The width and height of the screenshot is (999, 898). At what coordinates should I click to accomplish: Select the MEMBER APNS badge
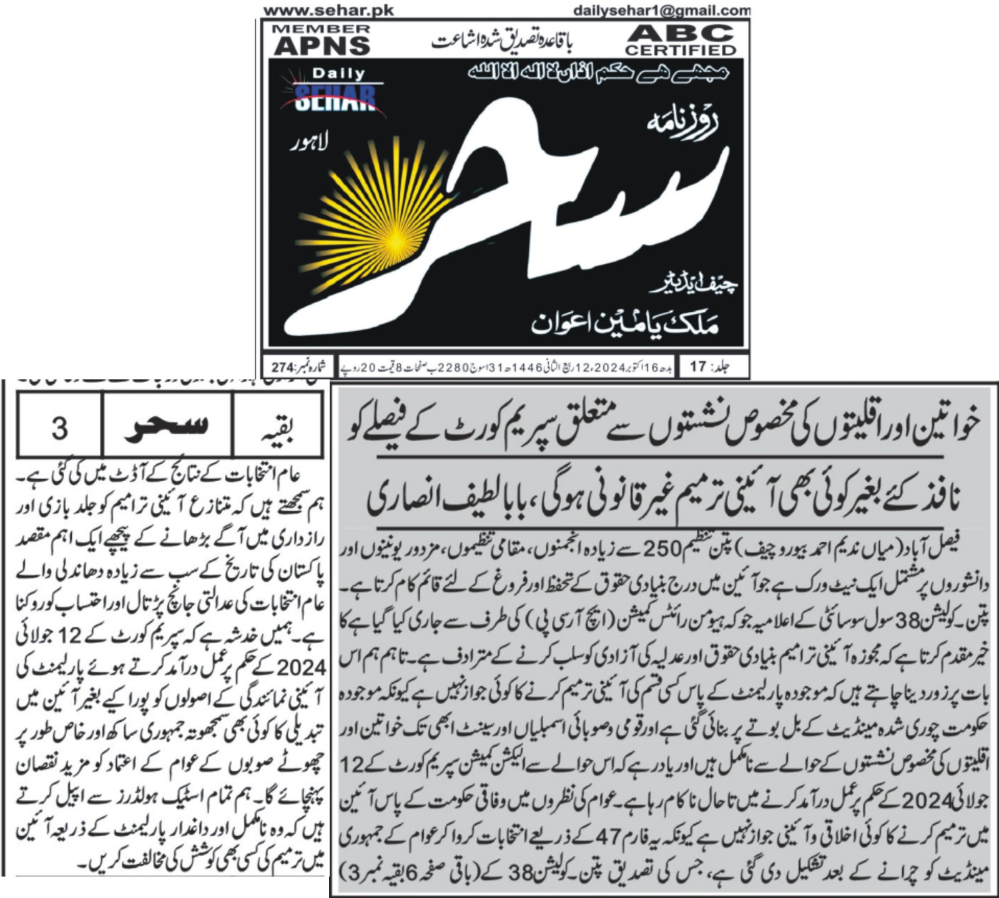tap(322, 40)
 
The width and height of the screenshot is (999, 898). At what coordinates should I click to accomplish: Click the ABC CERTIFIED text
tap(681, 40)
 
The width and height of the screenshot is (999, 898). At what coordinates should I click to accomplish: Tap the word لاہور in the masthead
tap(308, 144)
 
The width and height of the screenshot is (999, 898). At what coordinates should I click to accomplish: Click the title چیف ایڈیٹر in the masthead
tap(693, 285)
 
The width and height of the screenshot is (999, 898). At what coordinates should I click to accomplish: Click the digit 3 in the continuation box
tap(59, 428)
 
